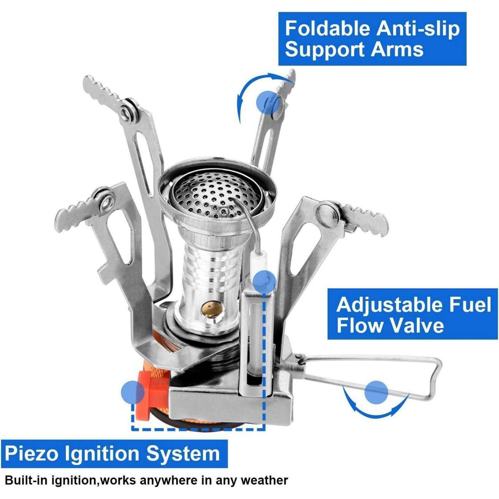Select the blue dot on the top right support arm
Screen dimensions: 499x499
point(268,102)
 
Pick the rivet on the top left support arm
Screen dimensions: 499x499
point(126,112)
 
